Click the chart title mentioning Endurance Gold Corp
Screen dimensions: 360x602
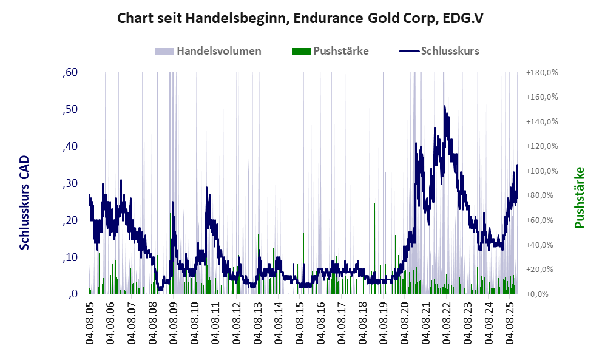tap(300, 18)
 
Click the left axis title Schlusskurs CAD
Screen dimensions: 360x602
tap(25, 202)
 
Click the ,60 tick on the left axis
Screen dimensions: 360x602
tap(70, 73)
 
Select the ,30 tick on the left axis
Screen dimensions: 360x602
tap(70, 183)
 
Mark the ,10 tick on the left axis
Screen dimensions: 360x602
tap(70, 257)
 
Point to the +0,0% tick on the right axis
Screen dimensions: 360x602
tap(539, 294)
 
